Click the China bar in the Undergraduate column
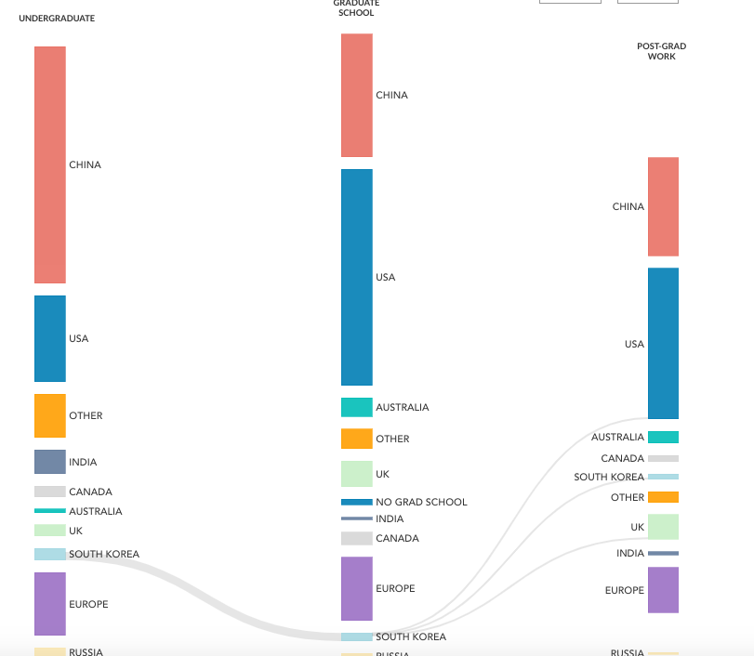click(50, 164)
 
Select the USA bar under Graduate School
click(357, 277)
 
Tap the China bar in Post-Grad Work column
click(663, 206)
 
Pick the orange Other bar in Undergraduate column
click(50, 415)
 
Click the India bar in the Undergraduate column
click(50, 462)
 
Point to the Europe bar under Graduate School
click(357, 588)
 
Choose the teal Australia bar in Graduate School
click(357, 407)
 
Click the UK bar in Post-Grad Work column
click(663, 527)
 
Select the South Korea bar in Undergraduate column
click(50, 555)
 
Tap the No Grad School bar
click(357, 502)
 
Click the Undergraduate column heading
click(57, 19)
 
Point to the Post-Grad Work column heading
click(661, 51)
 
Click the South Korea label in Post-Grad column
click(609, 477)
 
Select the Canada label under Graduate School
click(397, 538)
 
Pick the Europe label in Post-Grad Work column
click(624, 590)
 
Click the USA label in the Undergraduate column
click(79, 338)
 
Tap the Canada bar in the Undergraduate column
click(50, 492)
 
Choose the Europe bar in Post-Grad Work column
click(663, 590)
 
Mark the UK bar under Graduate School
click(357, 474)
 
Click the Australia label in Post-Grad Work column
click(617, 437)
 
